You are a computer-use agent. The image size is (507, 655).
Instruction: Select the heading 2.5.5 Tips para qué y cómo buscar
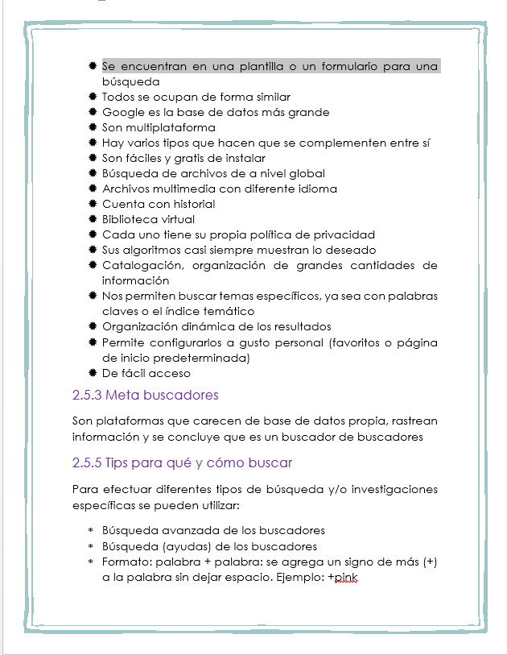(x=182, y=462)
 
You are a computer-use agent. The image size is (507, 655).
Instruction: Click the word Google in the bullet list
(x=122, y=112)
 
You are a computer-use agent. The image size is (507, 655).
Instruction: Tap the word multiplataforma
(x=170, y=127)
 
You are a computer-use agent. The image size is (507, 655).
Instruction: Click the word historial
(x=193, y=204)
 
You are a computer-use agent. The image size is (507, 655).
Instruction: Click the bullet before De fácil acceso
(x=93, y=373)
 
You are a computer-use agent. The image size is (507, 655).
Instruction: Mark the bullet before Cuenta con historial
(x=93, y=204)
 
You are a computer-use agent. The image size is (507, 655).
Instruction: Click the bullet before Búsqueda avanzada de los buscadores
(x=91, y=531)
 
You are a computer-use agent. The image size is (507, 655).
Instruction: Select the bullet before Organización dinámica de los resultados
(x=93, y=326)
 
